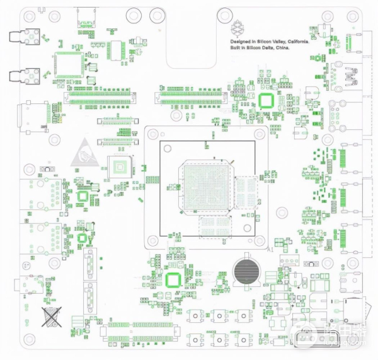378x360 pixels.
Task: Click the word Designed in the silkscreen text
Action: (239, 41)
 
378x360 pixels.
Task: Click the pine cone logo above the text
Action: (238, 28)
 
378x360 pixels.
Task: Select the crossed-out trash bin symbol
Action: (51, 316)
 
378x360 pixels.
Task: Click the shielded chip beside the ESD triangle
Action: (119, 167)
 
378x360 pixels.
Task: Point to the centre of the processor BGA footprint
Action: (207, 187)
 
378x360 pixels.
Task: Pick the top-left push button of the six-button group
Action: (197, 315)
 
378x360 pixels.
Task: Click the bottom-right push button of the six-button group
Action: (243, 339)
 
